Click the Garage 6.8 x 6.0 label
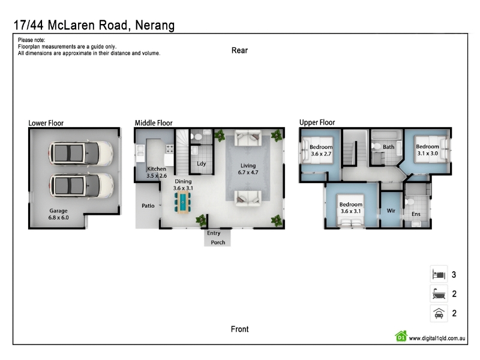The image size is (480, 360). pos(58,214)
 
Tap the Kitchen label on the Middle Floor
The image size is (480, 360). pos(157,169)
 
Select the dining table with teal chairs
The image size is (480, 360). pos(183,202)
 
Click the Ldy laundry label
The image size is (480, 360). pos(201,163)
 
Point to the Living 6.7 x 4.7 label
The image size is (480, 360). pos(248,169)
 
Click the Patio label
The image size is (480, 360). pos(148,206)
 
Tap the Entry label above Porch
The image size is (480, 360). pos(214,233)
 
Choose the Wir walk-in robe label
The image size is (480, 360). pos(391,211)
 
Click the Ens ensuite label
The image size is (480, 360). pos(416,214)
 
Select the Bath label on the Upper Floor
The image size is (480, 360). pos(388,147)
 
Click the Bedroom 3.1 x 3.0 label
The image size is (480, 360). pos(427,150)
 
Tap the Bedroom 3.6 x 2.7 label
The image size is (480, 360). pos(321,151)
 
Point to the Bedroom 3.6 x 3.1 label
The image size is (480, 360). pos(351,208)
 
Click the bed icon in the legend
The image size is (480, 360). pos(439,274)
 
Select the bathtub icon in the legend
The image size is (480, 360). pos(439,294)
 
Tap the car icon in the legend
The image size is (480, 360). pos(439,313)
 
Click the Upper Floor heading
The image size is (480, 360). pos(317,122)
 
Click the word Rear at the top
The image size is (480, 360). pos(239,50)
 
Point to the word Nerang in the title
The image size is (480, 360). pos(155,25)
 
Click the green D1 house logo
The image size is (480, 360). pos(401,336)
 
